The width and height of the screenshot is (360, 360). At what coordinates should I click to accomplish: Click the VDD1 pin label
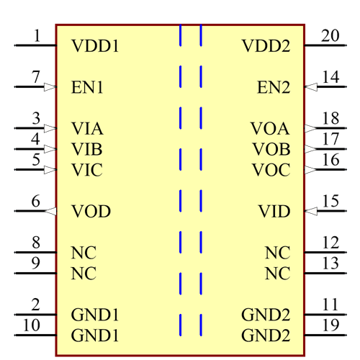pos(95,46)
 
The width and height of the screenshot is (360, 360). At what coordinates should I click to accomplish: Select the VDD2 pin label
pos(266,46)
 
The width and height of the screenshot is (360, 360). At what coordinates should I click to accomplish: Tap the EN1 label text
pos(88,88)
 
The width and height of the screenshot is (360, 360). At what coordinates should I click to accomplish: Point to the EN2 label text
pos(274,88)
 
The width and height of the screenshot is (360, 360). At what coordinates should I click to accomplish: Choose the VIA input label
pos(88,129)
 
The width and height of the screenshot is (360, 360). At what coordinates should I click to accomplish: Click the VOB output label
pos(271,150)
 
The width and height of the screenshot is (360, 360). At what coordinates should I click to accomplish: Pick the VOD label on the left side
pos(91,212)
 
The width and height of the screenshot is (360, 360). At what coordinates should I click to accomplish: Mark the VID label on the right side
pos(274,212)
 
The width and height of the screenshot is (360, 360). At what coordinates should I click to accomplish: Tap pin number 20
pos(330,35)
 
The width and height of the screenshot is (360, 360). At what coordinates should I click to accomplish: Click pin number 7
pos(35,77)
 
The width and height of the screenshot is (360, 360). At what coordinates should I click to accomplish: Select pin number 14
pos(330,77)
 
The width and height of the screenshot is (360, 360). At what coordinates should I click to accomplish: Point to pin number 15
pos(330,201)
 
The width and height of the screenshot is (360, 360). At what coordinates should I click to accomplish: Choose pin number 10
pos(32,325)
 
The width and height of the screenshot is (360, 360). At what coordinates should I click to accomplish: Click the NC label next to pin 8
pos(84,253)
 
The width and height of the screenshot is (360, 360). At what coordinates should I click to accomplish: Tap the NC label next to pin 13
pos(277,274)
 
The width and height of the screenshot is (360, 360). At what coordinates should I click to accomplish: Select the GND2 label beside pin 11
pos(266,315)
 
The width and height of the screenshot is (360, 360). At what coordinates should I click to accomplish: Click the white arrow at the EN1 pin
pos(50,87)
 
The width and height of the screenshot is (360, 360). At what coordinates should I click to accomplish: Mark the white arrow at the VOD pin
pos(50,211)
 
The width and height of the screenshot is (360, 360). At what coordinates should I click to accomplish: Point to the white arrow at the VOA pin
pos(310,128)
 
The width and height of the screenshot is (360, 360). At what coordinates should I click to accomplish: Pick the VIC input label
pos(87,171)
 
